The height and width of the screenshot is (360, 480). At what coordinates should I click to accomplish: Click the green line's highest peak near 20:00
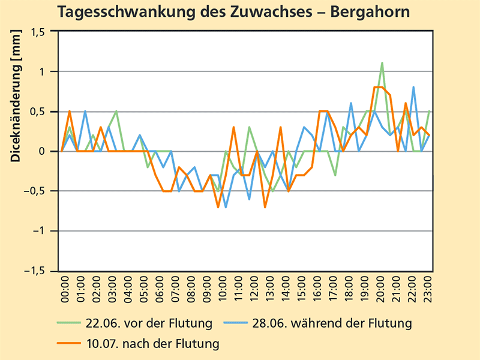pos(382,62)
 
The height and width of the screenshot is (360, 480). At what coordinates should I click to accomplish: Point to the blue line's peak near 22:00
pos(413,87)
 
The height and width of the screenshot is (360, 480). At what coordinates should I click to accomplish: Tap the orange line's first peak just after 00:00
pos(70,111)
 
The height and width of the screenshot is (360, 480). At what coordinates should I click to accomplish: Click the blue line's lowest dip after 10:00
pos(226,207)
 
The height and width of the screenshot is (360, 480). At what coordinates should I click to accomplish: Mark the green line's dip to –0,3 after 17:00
pos(335,175)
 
